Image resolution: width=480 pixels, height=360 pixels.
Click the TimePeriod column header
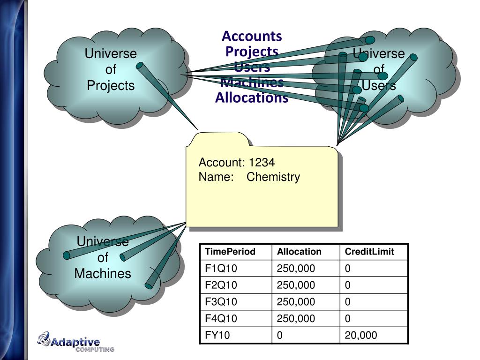tap(230, 252)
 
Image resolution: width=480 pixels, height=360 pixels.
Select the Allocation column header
tap(299, 252)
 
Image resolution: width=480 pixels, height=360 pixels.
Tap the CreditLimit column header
tap(369, 252)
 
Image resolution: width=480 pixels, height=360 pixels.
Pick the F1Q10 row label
tap(221, 269)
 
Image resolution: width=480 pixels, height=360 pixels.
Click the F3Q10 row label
tap(221, 302)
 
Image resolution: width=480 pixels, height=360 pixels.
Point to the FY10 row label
tap(218, 335)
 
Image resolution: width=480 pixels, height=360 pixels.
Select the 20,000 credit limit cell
tap(361, 335)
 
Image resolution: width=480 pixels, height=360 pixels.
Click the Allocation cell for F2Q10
tap(296, 285)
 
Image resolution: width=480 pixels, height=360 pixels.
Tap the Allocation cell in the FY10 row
tap(280, 335)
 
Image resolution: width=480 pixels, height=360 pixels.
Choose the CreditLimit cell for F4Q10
tap(348, 319)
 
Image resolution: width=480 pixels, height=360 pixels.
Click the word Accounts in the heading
tap(252, 36)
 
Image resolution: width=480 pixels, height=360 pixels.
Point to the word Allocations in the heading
tap(252, 98)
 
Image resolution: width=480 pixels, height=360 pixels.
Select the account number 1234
tap(262, 163)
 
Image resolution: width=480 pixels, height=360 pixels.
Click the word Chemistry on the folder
tap(273, 177)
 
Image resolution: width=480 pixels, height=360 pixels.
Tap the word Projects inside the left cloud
tap(111, 86)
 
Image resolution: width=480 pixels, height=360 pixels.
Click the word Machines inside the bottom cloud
tap(103, 273)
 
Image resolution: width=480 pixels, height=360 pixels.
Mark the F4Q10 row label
tap(221, 319)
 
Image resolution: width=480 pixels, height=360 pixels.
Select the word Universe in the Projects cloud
tap(111, 54)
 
